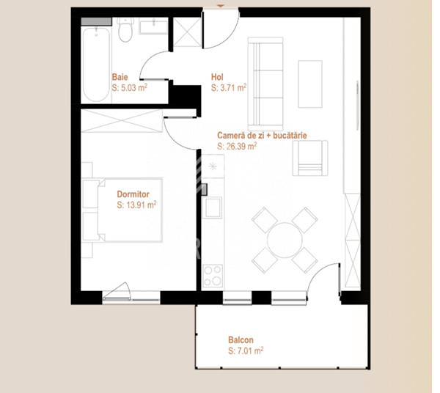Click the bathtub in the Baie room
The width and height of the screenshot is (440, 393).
96,65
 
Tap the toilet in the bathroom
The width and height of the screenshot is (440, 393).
125,31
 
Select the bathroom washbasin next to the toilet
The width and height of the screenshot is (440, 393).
153,28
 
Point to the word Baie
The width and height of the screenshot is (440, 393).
120,76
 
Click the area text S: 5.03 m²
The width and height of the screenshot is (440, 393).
130,87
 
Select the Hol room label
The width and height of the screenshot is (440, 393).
217,76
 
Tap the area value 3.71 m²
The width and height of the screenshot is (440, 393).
228,87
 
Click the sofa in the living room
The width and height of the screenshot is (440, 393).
267,81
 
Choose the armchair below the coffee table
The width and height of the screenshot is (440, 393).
310,159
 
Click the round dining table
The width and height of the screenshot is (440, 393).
284,238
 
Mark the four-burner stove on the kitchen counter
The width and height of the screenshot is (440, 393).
213,276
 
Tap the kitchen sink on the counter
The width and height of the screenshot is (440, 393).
213,209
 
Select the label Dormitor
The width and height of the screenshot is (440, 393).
133,194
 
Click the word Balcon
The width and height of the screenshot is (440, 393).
241,340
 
